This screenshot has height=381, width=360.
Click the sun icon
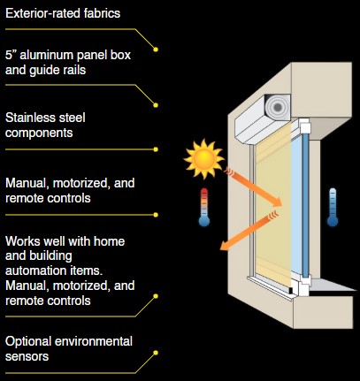click(x=203, y=159)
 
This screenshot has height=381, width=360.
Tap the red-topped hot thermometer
click(x=204, y=208)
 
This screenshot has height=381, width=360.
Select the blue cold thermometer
click(x=333, y=208)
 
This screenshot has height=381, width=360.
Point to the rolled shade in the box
click(x=278, y=107)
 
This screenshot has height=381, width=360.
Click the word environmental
click(x=94, y=341)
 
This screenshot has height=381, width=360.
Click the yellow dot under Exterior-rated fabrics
click(x=156, y=50)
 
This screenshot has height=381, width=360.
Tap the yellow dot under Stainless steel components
click(x=156, y=149)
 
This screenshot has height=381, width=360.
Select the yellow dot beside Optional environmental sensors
click(x=156, y=353)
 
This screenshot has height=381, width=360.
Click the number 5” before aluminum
click(x=11, y=55)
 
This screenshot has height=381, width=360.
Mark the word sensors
click(x=27, y=356)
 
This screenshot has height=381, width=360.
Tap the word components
click(x=39, y=133)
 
